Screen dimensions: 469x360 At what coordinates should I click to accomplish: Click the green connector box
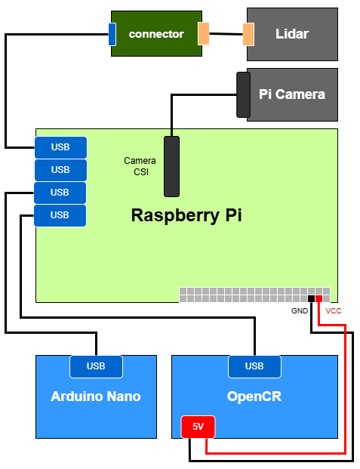tap(156, 34)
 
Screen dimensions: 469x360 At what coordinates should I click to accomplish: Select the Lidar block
tap(292, 34)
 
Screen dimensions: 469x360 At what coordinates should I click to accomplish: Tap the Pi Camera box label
tap(292, 94)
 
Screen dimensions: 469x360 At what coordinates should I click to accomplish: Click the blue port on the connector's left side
tap(112, 34)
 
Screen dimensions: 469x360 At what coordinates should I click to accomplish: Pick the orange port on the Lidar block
tap(248, 34)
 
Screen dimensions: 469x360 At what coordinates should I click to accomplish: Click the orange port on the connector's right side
tap(203, 34)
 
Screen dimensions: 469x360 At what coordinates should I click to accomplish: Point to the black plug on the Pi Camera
tap(243, 94)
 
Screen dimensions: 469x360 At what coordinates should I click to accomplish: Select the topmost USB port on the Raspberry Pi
tap(60, 147)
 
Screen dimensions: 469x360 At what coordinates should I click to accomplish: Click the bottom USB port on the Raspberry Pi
tap(60, 215)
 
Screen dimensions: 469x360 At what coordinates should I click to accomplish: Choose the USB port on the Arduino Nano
tap(96, 366)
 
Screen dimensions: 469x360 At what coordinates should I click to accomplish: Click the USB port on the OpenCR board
tap(254, 366)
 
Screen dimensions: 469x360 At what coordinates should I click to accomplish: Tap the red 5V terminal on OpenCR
tap(198, 427)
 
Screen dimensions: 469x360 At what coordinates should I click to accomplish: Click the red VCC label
tap(334, 310)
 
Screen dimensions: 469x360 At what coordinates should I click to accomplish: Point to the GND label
tap(300, 310)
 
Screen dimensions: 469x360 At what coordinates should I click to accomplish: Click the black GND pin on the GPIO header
tap(311, 299)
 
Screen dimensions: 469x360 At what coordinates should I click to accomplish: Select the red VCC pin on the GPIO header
tap(318, 299)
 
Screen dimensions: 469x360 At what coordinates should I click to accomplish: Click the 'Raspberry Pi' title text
tap(186, 215)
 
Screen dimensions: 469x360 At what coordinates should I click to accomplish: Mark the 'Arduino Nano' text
tap(96, 396)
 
